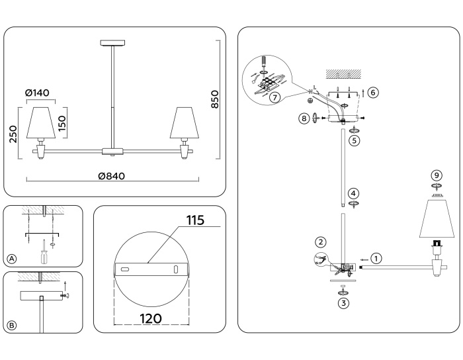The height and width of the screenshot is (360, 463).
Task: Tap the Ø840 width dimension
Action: coord(111,177)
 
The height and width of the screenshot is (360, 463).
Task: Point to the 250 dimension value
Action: coord(13,135)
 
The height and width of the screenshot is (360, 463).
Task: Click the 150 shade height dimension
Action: coord(63,123)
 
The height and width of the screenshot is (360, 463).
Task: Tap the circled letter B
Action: coord(11,325)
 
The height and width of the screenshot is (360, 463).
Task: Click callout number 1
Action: coord(376,258)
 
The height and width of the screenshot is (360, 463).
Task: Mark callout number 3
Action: coord(343,303)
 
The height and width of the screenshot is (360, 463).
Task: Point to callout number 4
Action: coord(355,194)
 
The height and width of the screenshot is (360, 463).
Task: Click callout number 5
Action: coord(355,140)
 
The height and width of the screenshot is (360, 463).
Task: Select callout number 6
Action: coord(373,93)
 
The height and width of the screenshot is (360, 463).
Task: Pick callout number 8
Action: coord(304,118)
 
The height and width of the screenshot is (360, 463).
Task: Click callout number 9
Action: coord(436,175)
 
